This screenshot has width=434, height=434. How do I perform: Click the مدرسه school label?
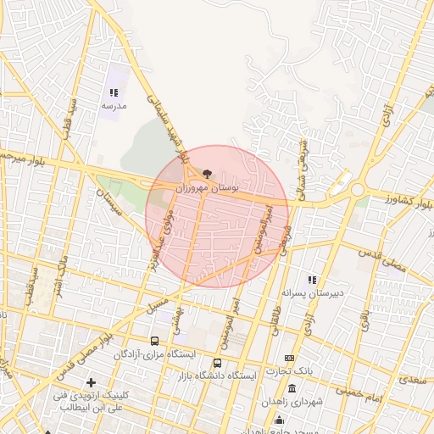pyautogui.click(x=114, y=106)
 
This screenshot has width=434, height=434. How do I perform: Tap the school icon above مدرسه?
pyautogui.click(x=114, y=92)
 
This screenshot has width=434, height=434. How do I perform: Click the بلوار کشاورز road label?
pyautogui.click(x=402, y=201)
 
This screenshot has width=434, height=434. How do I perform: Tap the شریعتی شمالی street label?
pyautogui.click(x=301, y=166)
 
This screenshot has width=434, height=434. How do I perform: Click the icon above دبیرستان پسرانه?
pyautogui.click(x=312, y=280)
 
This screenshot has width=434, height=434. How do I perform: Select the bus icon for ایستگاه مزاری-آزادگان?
pyautogui.click(x=154, y=341)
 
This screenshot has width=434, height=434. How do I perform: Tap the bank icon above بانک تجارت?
pyautogui.click(x=289, y=359)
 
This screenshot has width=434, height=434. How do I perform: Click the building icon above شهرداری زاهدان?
pyautogui.click(x=292, y=388)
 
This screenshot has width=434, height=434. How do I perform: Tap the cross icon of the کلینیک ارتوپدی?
pyautogui.click(x=92, y=383)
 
